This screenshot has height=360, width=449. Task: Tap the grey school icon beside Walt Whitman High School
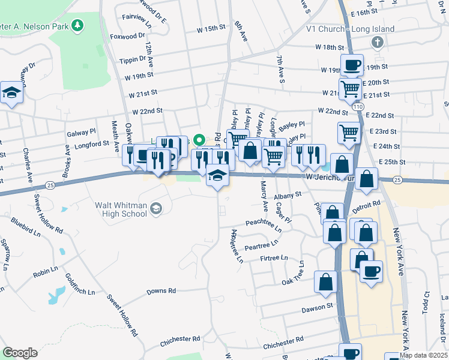(x=156, y=208)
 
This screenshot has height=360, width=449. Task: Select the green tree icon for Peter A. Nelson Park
(x=77, y=25)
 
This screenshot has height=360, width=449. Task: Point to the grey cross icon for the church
(x=377, y=42)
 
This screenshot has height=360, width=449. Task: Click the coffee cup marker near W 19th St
(x=352, y=64)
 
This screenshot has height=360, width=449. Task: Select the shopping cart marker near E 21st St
(x=349, y=88)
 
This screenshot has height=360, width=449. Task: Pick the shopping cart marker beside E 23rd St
(x=349, y=132)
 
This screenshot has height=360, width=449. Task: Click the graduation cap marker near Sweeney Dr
(x=11, y=92)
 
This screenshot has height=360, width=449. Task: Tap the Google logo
(x=20, y=353)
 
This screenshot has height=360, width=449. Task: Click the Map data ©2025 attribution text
(x=423, y=355)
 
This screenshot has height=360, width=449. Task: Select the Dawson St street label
(x=317, y=306)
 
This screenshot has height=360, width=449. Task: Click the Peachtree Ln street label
(x=264, y=223)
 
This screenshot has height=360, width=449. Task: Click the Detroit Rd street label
(x=367, y=204)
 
